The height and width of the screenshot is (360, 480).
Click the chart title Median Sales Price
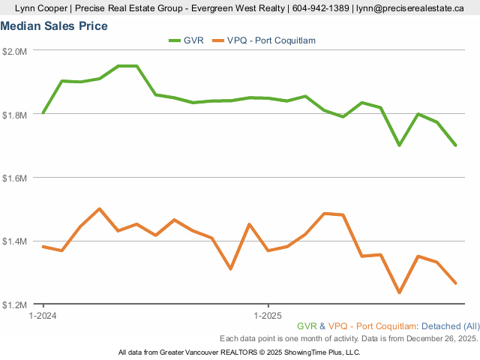[54, 26]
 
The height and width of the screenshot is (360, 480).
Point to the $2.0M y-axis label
[15, 51]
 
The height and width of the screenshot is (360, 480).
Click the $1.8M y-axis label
[15, 115]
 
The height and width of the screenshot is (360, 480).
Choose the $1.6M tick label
[15, 178]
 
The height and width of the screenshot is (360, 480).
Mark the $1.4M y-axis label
[15, 241]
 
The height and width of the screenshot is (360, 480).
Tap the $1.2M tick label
[15, 305]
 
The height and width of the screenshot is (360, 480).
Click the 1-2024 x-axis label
[43, 316]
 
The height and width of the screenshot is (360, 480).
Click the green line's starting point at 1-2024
[43, 113]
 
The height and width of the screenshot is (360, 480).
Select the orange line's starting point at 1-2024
[43, 246]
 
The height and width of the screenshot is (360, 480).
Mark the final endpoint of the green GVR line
[455, 145]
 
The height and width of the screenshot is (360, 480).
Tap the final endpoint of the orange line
[455, 283]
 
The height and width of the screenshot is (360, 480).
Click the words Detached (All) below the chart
[450, 326]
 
